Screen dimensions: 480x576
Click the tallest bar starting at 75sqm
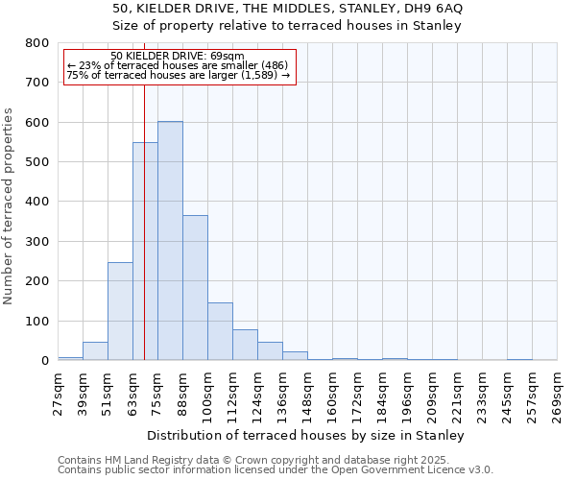(x=170, y=241)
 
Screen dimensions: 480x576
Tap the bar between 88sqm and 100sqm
(x=195, y=288)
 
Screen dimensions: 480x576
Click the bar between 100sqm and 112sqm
(x=220, y=331)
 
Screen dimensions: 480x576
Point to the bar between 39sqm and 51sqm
(x=95, y=351)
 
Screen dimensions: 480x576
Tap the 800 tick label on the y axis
(x=37, y=43)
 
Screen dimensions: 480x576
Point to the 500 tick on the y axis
(x=37, y=162)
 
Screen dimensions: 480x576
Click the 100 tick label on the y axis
(x=37, y=321)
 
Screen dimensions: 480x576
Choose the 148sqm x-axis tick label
(x=308, y=388)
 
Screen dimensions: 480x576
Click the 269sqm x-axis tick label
(x=558, y=388)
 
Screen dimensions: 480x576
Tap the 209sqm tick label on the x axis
(x=433, y=388)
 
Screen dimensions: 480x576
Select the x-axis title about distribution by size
(x=307, y=435)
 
